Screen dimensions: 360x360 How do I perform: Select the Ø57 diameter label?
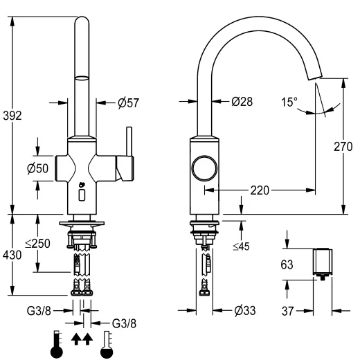129,102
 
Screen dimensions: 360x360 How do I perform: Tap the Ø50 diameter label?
37,168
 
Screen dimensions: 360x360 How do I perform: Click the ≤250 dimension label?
37,243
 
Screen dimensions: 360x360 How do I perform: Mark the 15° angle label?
289,101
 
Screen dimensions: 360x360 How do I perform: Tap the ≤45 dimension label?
240,246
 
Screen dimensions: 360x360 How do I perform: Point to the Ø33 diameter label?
244,310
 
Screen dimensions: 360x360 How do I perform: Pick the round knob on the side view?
204,169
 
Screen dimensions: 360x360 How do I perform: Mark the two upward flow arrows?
80,339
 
